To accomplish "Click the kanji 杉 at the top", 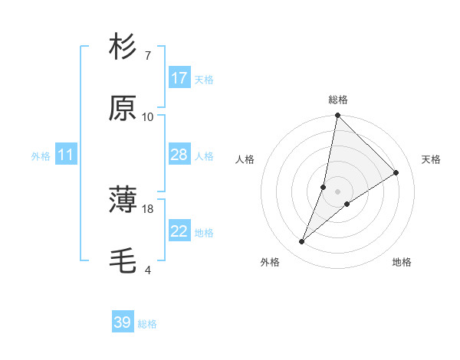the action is coord(123,47).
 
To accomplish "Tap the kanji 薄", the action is coord(123,201).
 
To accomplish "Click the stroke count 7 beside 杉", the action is coord(147,56).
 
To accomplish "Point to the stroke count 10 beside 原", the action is coord(148,117).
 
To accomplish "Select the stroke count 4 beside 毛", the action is coord(147,270).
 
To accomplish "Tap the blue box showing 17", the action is coord(179,78).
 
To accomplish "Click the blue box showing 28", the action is coord(179,155).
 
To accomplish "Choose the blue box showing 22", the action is coord(179,231).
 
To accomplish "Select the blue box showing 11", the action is coord(66,155).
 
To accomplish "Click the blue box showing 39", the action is coord(123,322).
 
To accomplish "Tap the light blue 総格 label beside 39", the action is coord(147,324).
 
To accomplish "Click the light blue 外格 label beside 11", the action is coord(41,156).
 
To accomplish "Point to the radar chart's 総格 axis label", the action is coord(337,100).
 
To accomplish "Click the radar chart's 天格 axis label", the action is coord(431,159).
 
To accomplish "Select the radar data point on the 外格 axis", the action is coord(302,242).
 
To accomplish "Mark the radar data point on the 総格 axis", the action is coord(337,116).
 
